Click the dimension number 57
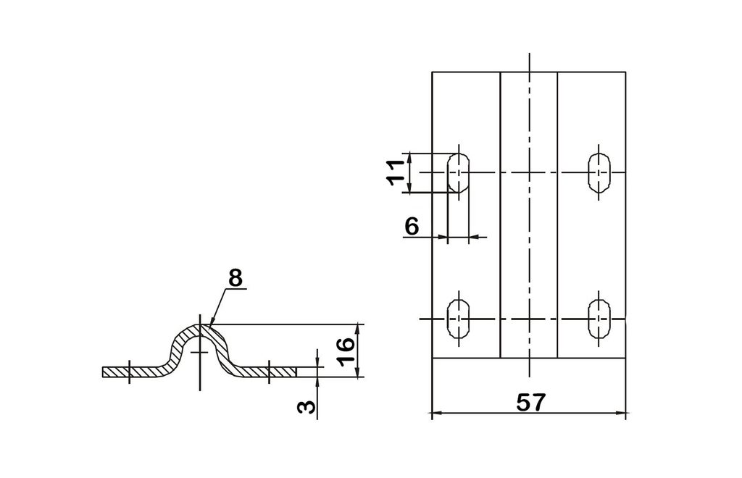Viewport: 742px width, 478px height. tap(530, 403)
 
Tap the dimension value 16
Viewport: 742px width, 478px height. tap(347, 351)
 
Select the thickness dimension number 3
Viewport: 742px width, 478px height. tap(307, 406)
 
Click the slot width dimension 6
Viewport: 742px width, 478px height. tap(412, 227)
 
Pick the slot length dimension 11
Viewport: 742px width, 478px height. tap(396, 172)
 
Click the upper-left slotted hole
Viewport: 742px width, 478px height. tap(458, 172)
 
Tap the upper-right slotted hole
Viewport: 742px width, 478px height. tap(599, 172)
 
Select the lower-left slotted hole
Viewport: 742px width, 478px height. tap(458, 319)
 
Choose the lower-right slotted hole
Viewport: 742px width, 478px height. tap(599, 319)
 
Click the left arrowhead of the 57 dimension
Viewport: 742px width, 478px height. tap(437, 413)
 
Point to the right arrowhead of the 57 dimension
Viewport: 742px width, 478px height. tap(620, 413)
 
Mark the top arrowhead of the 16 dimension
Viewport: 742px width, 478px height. tap(359, 329)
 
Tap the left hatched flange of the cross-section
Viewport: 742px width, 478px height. tap(135, 372)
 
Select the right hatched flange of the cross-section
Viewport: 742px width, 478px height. tap(265, 372)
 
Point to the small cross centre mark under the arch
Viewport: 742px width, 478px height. tap(200, 352)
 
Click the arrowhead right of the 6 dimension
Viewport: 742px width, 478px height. tap(474, 236)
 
